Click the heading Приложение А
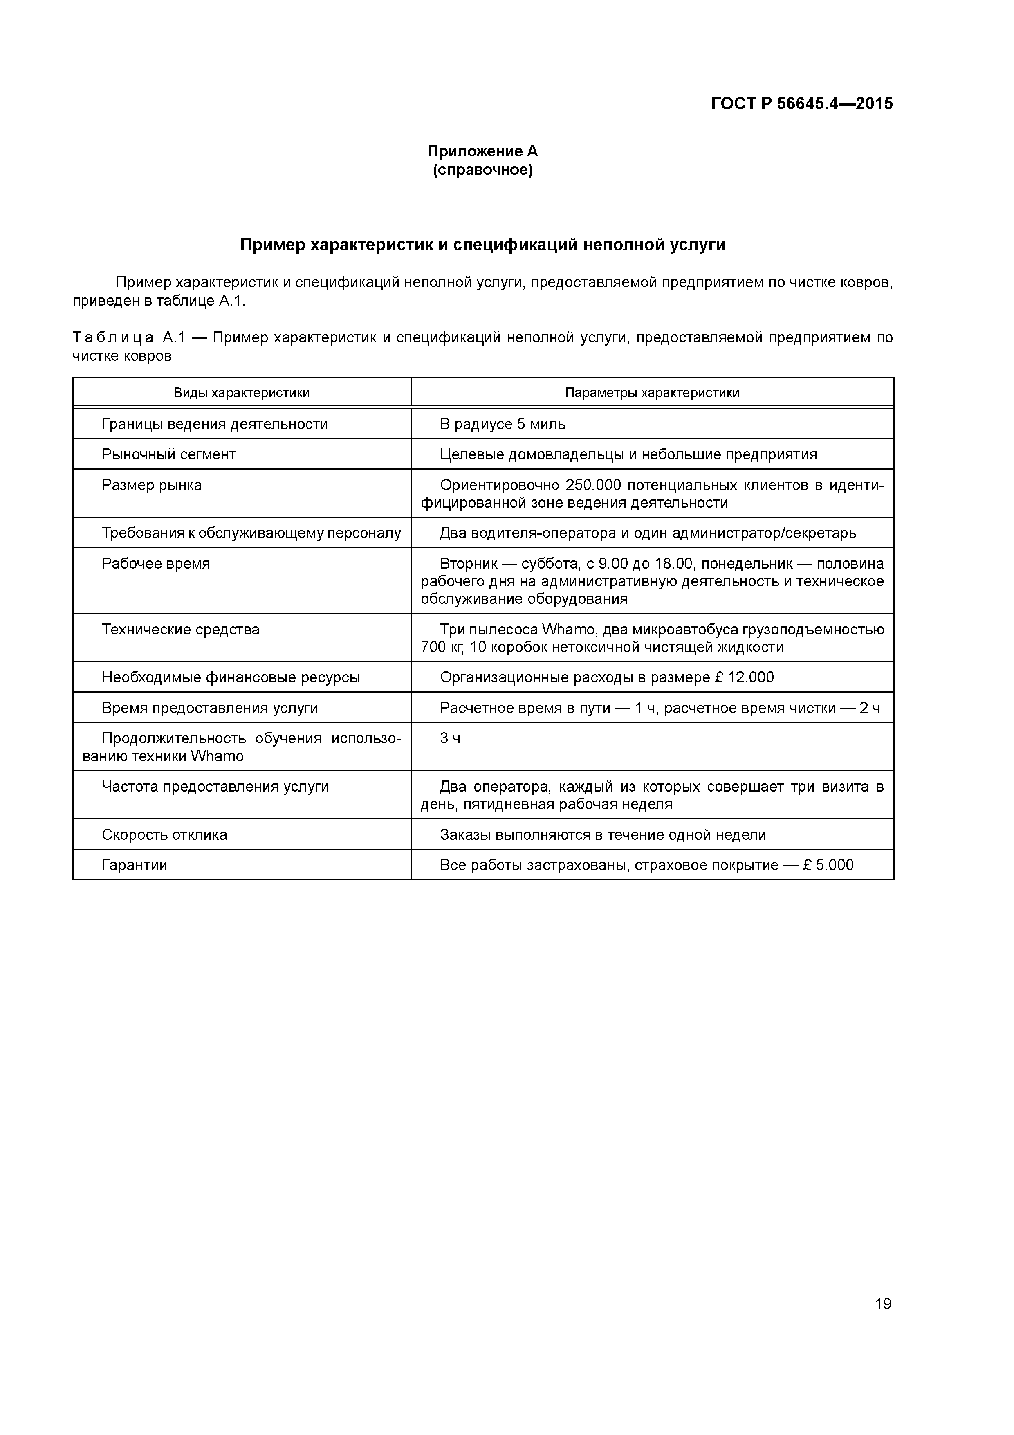point(482,151)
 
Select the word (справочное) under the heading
point(482,170)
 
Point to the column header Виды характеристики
point(241,393)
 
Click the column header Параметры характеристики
point(652,393)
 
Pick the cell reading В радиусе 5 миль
point(503,424)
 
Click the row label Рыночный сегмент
point(169,454)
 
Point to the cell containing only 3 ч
point(450,738)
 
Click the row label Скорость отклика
point(164,835)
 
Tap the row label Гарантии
point(135,865)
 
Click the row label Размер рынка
point(152,485)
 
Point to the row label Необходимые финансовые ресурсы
point(231,677)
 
